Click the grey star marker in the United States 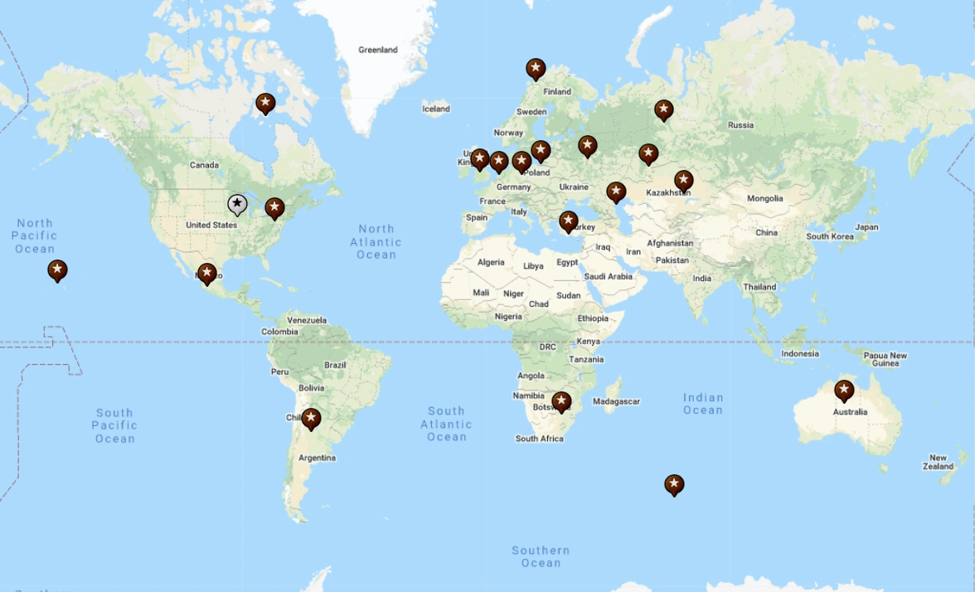point(237,203)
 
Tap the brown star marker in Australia point(844,390)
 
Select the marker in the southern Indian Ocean point(674,483)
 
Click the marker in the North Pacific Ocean point(57,269)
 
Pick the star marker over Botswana point(561,401)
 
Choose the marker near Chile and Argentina point(311,418)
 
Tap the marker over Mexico point(207,273)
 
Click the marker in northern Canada point(265,103)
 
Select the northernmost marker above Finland point(536,68)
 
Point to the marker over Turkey point(568,221)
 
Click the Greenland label point(378,50)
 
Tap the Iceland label point(436,109)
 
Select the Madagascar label point(617,401)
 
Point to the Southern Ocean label point(541,556)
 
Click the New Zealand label point(938,462)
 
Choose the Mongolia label point(764,198)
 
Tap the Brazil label point(335,365)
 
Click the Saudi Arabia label point(608,276)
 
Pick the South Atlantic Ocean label point(447,424)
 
